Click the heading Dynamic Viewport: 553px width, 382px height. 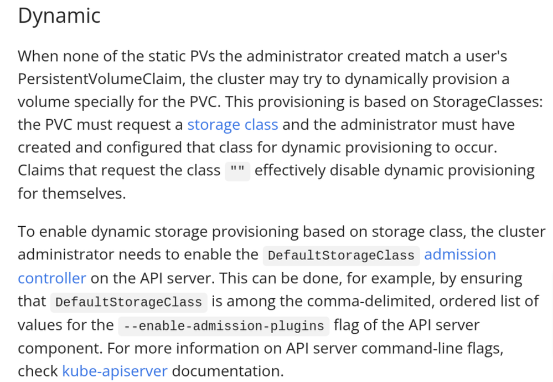[x=59, y=16]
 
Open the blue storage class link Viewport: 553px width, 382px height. [x=232, y=124]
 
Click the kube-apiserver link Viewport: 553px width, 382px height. [x=115, y=370]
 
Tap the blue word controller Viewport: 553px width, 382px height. [x=52, y=278]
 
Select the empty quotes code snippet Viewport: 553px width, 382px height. [x=237, y=171]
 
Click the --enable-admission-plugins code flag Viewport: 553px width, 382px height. [x=224, y=325]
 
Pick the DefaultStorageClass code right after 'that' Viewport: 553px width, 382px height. [x=128, y=302]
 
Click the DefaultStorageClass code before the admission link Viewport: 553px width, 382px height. [x=341, y=256]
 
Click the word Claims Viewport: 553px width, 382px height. [x=41, y=170]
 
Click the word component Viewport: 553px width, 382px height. [x=60, y=348]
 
